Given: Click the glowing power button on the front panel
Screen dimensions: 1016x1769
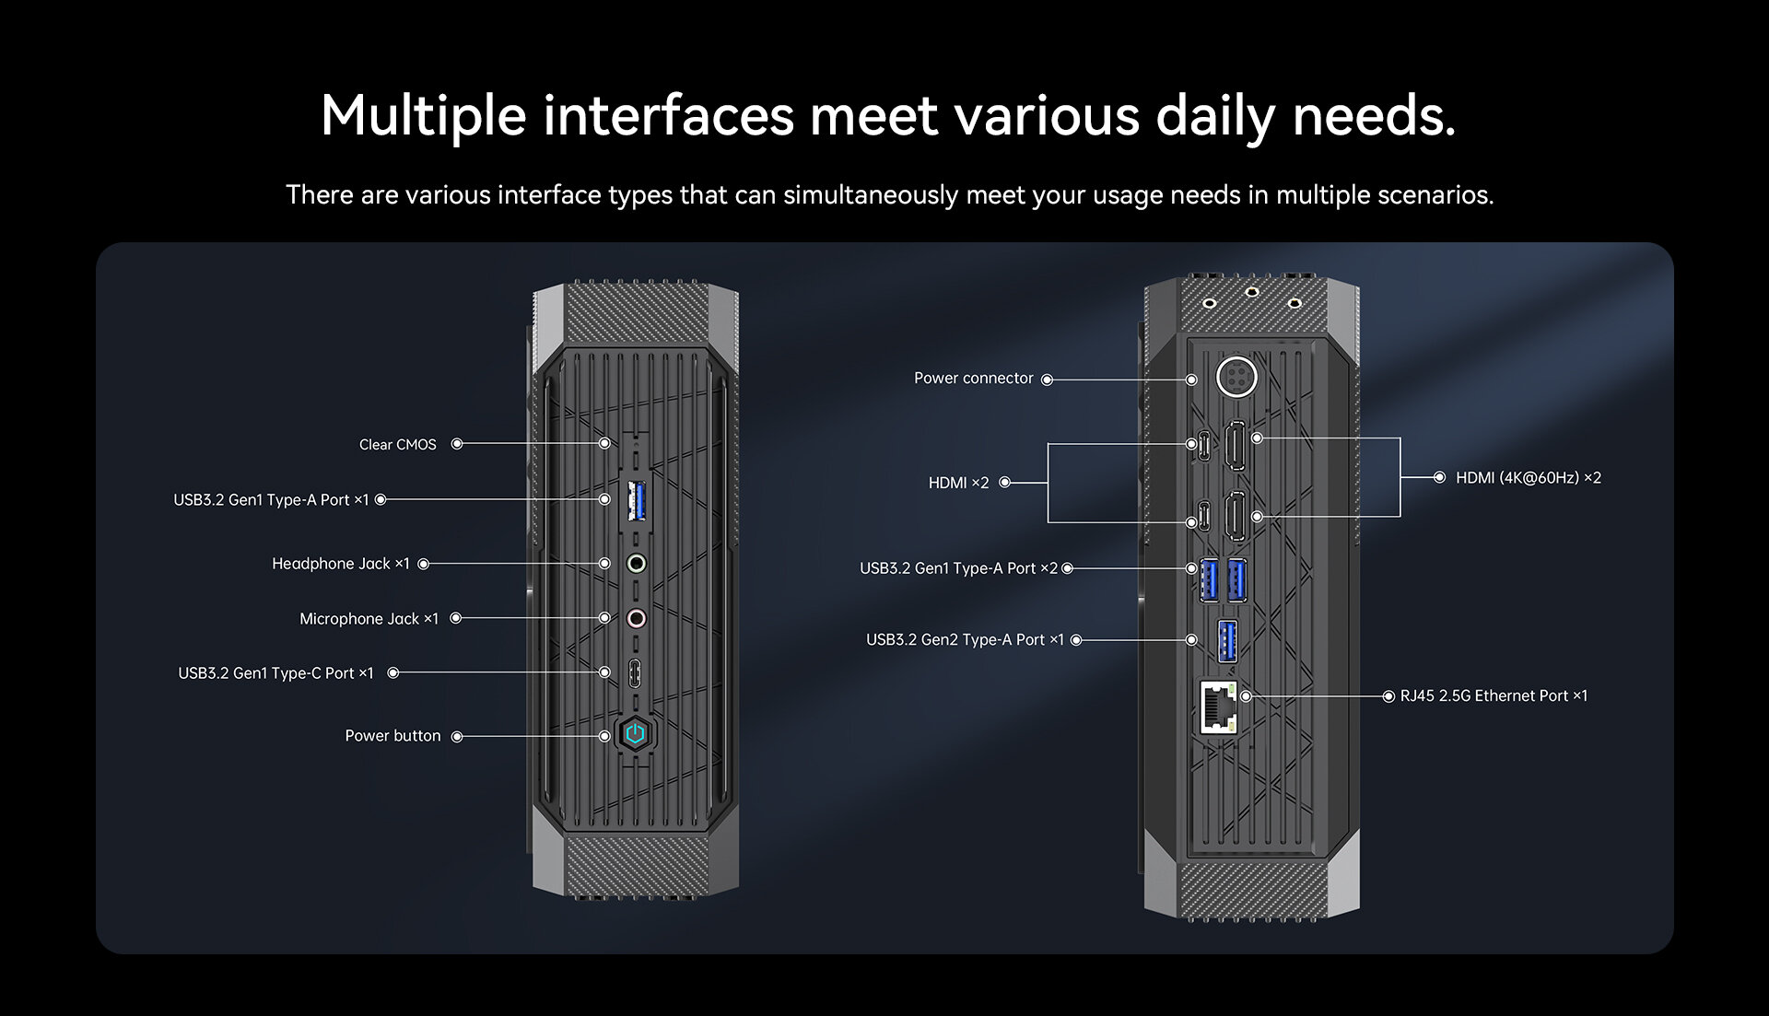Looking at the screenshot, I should (635, 734).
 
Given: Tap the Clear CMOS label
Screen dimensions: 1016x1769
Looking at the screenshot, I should (397, 445).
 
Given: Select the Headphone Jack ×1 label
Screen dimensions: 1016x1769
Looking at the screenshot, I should (340, 564).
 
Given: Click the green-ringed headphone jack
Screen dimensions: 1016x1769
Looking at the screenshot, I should (636, 563).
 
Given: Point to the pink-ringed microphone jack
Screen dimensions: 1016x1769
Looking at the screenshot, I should (636, 618).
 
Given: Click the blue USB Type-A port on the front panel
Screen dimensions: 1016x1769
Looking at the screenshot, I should (636, 500).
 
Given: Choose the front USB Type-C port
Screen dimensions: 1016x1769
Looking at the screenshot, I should (635, 672).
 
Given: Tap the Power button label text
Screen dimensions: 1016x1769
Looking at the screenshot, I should (392, 736).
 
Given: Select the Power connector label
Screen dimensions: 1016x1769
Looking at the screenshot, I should (973, 379).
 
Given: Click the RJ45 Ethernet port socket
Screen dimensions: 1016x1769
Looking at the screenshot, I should (1218, 707).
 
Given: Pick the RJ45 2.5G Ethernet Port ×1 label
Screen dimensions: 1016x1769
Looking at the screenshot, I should (1494, 696).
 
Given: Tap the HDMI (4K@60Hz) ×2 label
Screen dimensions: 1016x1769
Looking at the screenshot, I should (1528, 478).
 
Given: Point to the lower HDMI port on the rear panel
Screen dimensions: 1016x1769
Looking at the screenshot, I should (1236, 516).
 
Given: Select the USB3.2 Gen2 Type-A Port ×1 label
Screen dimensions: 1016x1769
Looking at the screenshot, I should (965, 640).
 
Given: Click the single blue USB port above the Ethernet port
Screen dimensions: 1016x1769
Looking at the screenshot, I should (1227, 641).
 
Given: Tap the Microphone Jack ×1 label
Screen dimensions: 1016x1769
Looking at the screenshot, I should (369, 619).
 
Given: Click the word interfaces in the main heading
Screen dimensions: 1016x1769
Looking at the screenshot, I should (668, 116).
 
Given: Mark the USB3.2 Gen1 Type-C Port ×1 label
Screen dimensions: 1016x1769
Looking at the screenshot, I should (275, 673).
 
